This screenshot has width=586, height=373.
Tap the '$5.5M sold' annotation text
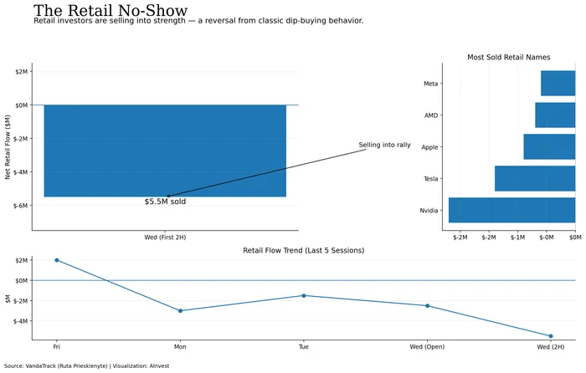165,202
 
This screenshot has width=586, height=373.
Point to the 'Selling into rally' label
384,145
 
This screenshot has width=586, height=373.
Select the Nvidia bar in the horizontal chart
511,210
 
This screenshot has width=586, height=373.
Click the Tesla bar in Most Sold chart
535,178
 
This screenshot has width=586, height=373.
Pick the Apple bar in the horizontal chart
549,146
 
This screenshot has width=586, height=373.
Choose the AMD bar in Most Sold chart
555,115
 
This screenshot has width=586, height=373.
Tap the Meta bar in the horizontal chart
558,84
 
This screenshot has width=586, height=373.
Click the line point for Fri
57,260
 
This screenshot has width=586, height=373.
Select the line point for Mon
180,311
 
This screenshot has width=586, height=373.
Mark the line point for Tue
304,295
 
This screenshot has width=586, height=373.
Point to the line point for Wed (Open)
427,305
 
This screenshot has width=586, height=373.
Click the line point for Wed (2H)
551,336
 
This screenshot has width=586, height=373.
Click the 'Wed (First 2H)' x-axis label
165,238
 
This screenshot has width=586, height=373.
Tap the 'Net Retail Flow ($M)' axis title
8,146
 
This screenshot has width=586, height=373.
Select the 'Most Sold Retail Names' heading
508,57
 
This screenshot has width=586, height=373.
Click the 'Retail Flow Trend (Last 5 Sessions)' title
303,250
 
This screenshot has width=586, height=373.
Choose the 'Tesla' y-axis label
430,179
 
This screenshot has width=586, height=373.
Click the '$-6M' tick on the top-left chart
18,205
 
